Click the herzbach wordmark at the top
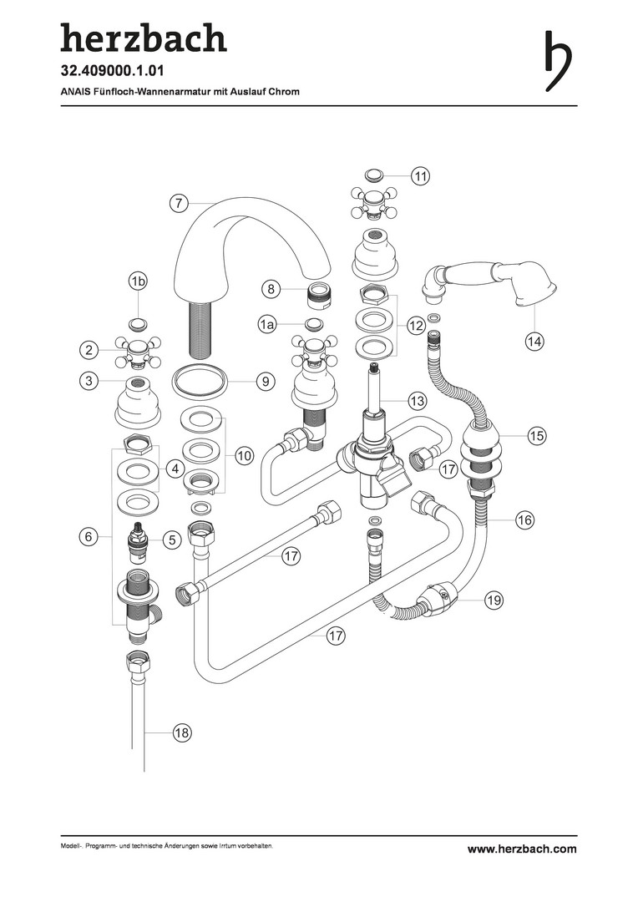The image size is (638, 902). (x=143, y=39)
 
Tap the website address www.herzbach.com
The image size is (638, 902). (x=521, y=849)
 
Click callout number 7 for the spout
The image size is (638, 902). (x=177, y=201)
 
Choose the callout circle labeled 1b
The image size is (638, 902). (x=139, y=282)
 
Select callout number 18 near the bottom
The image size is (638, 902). (x=182, y=732)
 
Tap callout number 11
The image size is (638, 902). (x=420, y=175)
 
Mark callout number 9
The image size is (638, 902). (x=265, y=382)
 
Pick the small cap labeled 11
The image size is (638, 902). (x=373, y=175)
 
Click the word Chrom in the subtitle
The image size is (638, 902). (x=284, y=91)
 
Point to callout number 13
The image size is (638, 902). (x=418, y=402)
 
